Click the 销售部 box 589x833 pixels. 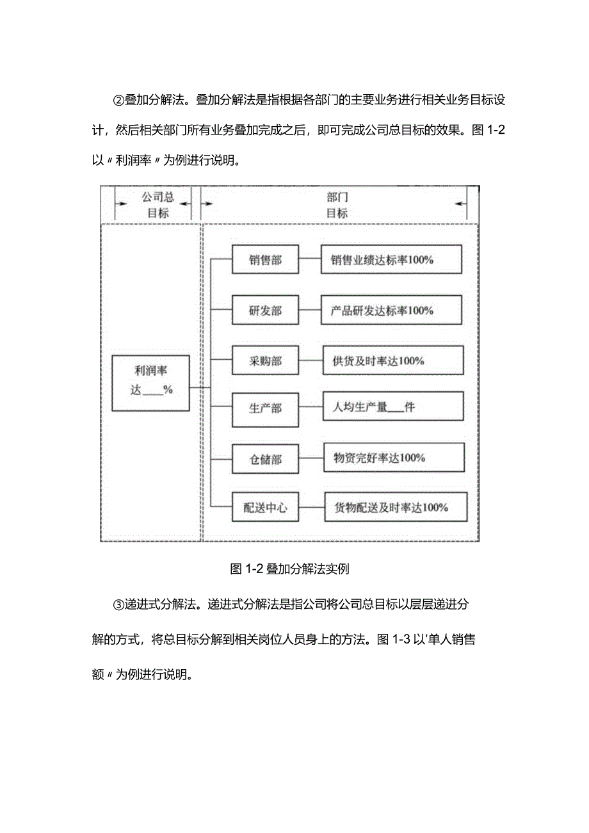click(265, 261)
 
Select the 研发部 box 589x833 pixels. click(265, 311)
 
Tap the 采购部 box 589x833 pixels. click(265, 360)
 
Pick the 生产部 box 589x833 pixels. click(265, 407)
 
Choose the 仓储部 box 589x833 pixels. click(265, 458)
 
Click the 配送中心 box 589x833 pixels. click(265, 508)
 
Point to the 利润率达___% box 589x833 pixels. click(151, 383)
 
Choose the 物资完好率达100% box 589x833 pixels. click(393, 458)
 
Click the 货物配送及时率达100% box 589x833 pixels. click(395, 508)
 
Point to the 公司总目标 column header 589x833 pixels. click(157, 205)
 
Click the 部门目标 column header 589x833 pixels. click(337, 205)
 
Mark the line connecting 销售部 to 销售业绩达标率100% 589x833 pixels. click(310, 261)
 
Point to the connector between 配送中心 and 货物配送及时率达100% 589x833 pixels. click(311, 508)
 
